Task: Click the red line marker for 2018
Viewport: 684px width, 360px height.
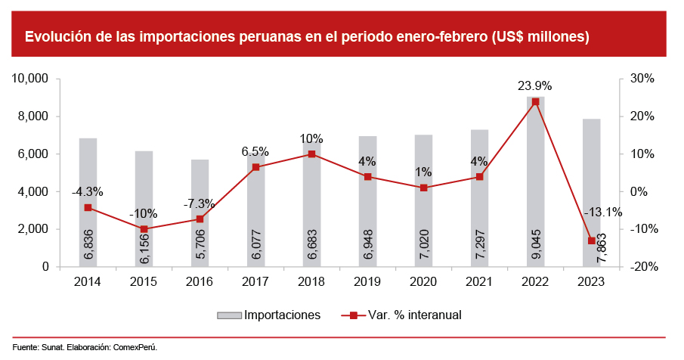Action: click(311, 154)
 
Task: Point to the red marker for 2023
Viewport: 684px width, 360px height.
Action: click(591, 241)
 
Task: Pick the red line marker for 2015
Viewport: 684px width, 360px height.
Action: click(144, 229)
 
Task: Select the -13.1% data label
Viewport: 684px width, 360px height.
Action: click(602, 213)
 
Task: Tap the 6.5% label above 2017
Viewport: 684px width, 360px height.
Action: click(255, 151)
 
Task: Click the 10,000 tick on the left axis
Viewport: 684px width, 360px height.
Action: click(32, 79)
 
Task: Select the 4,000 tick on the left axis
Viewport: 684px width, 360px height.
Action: click(35, 191)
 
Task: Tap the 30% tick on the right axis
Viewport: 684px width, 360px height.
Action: click(641, 79)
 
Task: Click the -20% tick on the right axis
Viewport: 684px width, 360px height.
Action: click(639, 267)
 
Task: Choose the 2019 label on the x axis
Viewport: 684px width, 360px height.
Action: click(367, 281)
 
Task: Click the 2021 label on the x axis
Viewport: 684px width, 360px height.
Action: click(479, 281)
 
